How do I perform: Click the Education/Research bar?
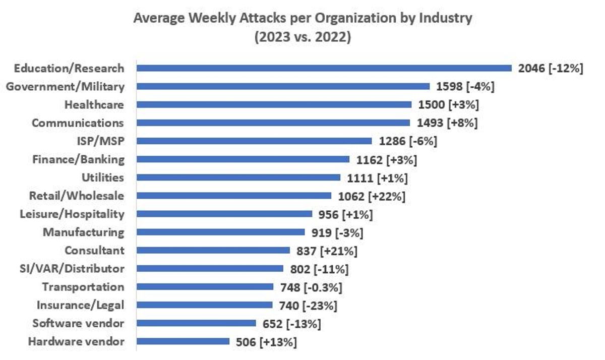point(324,69)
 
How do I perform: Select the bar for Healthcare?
point(274,105)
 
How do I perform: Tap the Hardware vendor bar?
point(183,342)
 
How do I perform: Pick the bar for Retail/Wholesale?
point(234,196)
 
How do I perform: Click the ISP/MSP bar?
point(254,141)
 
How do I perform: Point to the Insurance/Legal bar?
point(205,305)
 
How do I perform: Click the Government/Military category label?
point(66,87)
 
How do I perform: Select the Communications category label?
point(78,123)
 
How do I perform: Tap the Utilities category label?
point(103,177)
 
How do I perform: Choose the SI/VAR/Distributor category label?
point(72,269)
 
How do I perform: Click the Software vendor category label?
point(78,323)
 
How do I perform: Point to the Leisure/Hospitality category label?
point(72,214)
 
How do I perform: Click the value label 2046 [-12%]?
point(551,69)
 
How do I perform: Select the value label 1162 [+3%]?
point(387,160)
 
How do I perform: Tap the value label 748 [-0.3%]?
point(311,287)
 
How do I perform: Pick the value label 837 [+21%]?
point(327,251)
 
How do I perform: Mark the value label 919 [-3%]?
point(338,233)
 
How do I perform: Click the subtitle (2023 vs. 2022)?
point(303,37)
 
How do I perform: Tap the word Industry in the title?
point(446,18)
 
